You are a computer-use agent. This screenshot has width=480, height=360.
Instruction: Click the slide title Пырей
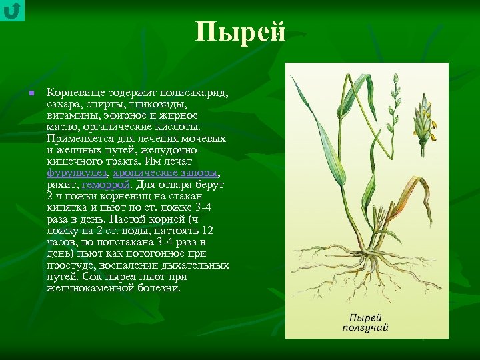click(240, 32)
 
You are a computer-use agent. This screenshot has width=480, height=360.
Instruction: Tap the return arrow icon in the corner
click(12, 11)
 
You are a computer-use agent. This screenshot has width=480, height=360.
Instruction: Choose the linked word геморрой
click(105, 184)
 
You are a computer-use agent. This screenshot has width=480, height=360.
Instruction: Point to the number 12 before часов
click(207, 230)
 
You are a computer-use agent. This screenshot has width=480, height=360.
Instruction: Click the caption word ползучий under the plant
click(365, 327)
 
